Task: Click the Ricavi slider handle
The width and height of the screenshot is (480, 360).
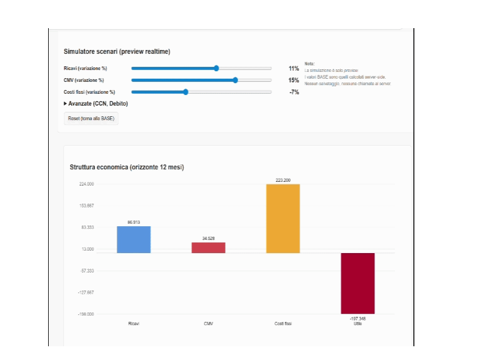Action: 216,68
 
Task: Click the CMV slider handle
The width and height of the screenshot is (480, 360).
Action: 235,80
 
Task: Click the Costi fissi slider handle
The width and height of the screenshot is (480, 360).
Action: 186,92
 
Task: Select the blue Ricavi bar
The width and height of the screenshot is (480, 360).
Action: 134,239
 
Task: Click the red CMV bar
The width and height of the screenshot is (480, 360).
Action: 208,247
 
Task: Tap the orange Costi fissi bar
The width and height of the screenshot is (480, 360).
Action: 283,218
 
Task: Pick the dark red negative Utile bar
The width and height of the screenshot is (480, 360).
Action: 357,283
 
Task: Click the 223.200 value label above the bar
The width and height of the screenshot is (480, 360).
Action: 283,180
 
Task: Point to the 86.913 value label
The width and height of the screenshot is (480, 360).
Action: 134,222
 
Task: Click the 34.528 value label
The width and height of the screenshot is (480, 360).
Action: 208,239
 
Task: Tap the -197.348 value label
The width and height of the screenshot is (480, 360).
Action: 357,319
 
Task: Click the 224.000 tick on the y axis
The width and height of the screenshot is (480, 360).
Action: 86,184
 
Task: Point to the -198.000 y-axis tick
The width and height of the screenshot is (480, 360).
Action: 86,314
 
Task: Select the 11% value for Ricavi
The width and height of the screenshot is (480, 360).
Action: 294,68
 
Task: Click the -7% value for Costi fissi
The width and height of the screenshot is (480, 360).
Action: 294,92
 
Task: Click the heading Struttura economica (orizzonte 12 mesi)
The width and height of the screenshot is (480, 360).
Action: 127,167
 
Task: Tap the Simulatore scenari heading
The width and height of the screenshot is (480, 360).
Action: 117,51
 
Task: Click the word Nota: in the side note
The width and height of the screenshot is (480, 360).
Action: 309,64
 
